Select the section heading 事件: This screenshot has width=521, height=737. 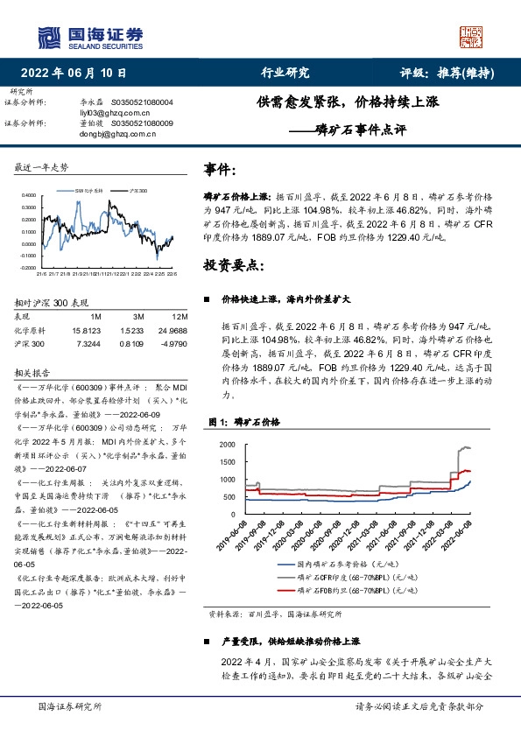[x=219, y=169]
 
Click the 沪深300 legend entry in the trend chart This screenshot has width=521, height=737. [x=138, y=190]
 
